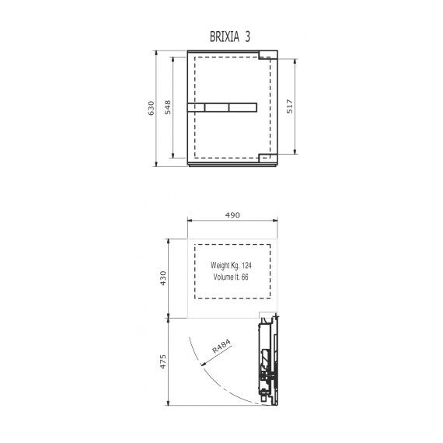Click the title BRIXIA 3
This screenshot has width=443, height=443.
(230, 37)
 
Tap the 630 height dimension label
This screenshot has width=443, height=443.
(152, 108)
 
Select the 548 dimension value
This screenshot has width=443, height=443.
(168, 107)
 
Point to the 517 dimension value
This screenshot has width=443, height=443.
(290, 106)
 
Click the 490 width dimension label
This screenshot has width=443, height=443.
(232, 215)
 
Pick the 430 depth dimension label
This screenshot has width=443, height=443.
(163, 278)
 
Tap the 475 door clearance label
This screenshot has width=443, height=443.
(163, 361)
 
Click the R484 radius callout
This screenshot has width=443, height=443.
(221, 346)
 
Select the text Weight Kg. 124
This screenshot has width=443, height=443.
(231, 265)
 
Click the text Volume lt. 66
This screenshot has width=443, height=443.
(231, 277)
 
